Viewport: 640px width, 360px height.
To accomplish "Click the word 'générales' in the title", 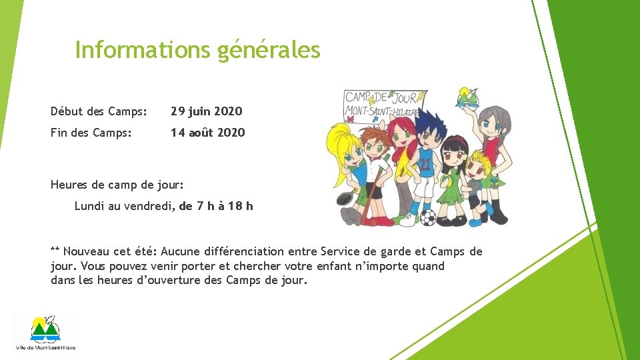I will point(269,50).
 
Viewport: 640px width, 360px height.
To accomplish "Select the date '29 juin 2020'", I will point(206,111).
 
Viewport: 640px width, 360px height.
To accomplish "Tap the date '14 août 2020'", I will point(207,133).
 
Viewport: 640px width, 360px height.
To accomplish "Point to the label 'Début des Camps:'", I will point(99,111).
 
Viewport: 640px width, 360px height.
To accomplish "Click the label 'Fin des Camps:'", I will point(91,133).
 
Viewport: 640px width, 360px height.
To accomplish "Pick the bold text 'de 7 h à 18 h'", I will point(216,206).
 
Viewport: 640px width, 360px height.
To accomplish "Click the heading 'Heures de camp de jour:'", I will point(117,183).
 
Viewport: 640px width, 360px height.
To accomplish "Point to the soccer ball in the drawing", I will point(428,217).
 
